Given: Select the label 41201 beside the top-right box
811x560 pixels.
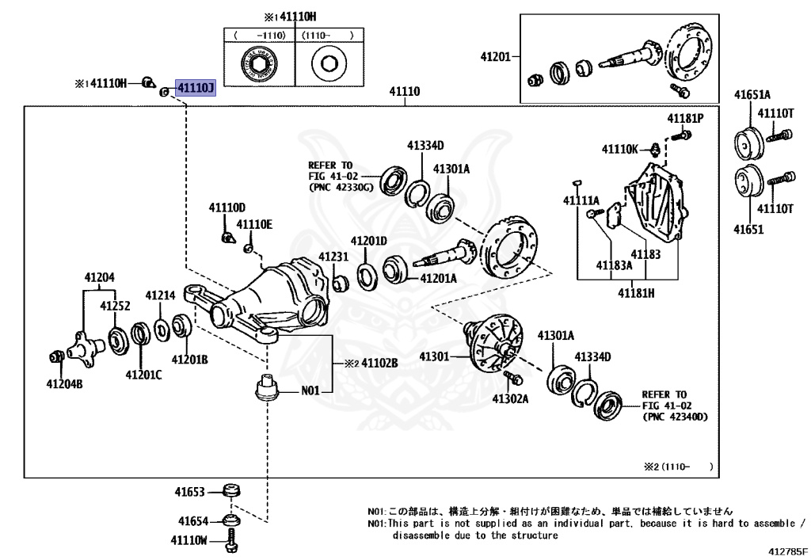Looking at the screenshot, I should click(x=496, y=56).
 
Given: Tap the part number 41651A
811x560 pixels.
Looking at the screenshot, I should click(x=751, y=96).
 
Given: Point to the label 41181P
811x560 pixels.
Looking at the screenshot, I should click(x=684, y=119).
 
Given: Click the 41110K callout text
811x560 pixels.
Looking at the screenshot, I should click(x=619, y=149).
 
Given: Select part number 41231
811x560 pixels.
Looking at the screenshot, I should click(x=333, y=257).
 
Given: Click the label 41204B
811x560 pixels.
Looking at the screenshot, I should click(x=63, y=384).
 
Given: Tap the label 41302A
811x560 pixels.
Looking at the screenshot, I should click(x=510, y=398).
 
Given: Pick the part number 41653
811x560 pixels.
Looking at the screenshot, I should click(x=191, y=492).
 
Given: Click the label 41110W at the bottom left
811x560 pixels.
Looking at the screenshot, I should click(x=188, y=540).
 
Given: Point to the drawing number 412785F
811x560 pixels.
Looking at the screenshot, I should click(x=787, y=550).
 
